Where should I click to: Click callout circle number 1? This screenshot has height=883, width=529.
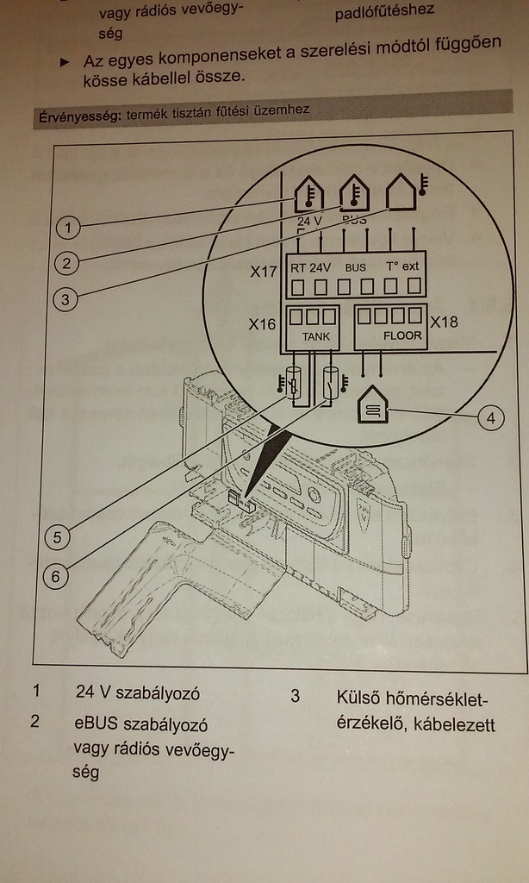point(68,228)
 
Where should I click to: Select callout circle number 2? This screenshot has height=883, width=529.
point(66,262)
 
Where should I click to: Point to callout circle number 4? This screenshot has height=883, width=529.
point(490,418)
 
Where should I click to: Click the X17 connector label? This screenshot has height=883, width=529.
point(264,272)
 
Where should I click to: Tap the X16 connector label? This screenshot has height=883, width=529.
point(262,324)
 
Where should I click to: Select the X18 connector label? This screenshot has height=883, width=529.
point(445,323)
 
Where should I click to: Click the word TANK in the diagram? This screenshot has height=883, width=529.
point(310,336)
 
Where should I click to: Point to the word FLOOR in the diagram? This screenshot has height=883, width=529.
point(402,335)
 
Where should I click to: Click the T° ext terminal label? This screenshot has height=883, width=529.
point(401,266)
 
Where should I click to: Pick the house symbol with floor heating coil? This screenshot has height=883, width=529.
point(373,404)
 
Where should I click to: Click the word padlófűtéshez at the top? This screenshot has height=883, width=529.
point(384,11)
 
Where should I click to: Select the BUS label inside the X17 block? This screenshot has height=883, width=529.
point(355,267)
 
